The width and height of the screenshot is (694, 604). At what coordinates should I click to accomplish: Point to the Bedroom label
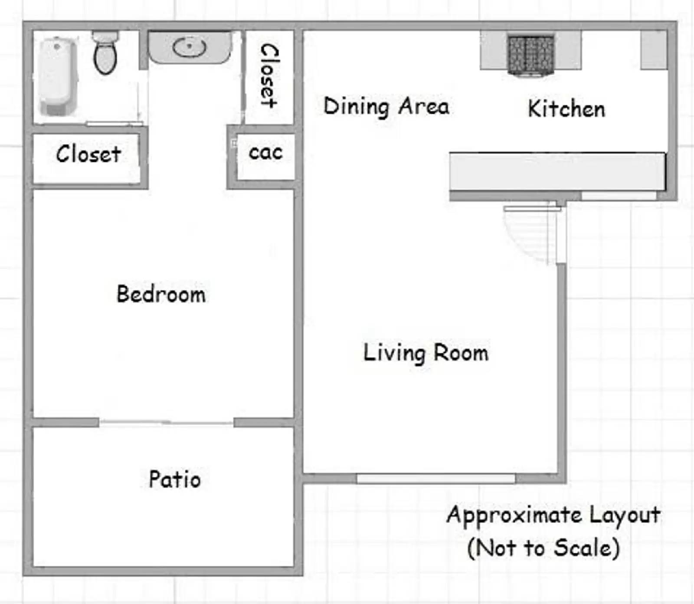click(161, 294)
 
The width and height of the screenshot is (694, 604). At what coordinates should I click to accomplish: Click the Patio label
click(175, 479)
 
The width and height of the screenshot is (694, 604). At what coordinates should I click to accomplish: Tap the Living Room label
click(426, 352)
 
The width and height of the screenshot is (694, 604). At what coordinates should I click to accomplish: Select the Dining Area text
click(386, 107)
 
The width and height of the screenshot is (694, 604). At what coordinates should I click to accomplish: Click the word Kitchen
click(566, 108)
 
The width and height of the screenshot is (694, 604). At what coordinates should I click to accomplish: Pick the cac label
click(265, 152)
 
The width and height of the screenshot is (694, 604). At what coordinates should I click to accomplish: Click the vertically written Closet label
click(269, 76)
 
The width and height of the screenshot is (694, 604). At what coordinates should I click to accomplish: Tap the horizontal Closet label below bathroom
click(88, 154)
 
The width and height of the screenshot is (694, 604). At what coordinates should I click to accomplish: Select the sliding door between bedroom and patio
click(166, 423)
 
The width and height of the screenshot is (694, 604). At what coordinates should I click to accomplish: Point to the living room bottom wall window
click(435, 479)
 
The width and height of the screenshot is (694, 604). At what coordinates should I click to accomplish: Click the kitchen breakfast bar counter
click(557, 171)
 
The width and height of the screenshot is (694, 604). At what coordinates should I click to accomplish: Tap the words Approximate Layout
click(553, 515)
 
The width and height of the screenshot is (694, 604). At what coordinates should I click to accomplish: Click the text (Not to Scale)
click(543, 548)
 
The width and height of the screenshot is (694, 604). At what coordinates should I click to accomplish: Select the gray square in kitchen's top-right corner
click(654, 50)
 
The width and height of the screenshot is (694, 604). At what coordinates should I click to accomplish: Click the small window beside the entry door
click(619, 196)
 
